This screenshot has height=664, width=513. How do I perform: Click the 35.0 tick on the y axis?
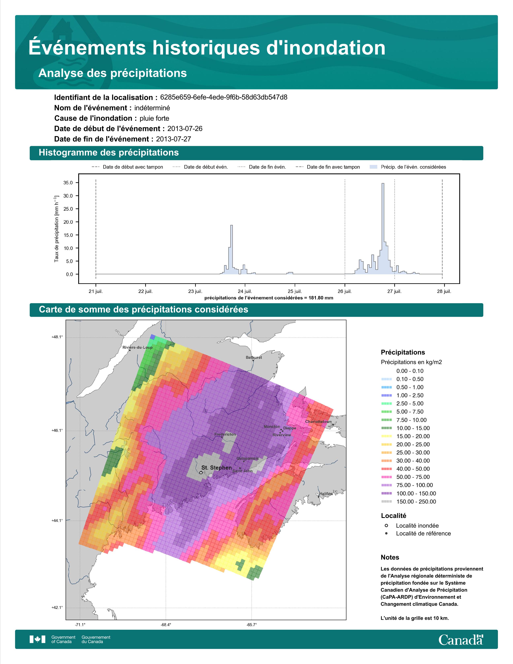[68, 183]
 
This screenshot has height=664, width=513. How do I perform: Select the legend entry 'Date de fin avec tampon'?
[328, 167]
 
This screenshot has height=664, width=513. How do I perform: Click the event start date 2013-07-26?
[185, 129]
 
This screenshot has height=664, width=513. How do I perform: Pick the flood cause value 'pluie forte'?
[154, 118]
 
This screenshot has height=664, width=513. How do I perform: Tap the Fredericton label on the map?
[225, 434]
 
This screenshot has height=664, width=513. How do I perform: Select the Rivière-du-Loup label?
[137, 347]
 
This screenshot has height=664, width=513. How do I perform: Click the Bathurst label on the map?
[254, 357]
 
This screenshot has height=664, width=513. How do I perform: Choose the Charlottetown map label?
[318, 422]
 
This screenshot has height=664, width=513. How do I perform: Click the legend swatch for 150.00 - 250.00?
[386, 502]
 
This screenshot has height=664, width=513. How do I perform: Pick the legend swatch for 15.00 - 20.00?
[386, 436]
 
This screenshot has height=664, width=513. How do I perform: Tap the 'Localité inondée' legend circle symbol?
[386, 525]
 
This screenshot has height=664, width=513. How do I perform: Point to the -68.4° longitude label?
[166, 625]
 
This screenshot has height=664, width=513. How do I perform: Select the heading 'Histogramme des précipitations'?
[109, 153]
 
